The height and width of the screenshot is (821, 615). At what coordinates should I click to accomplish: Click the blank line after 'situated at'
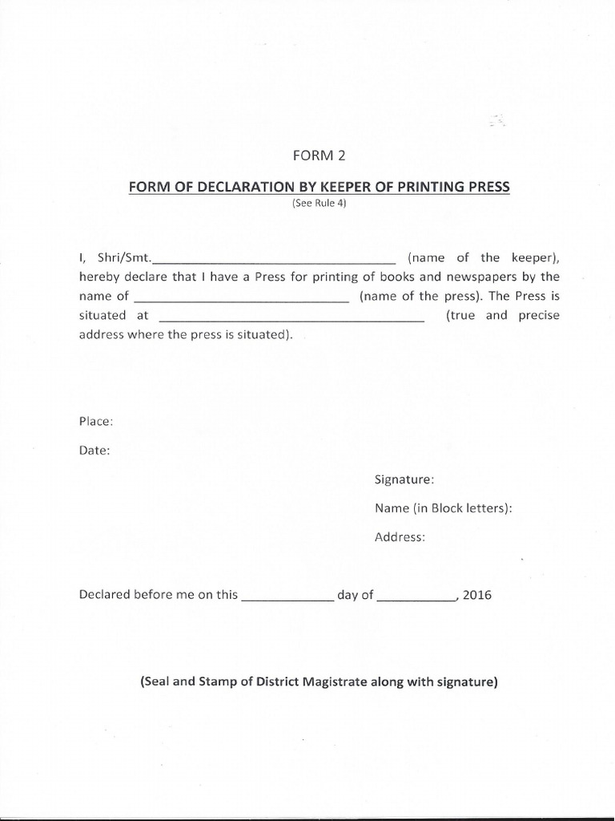click(x=291, y=318)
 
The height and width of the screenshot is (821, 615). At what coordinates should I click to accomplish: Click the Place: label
click(x=95, y=422)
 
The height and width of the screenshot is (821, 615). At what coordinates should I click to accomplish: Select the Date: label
click(x=94, y=451)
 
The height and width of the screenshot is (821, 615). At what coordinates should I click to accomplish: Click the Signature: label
click(x=404, y=479)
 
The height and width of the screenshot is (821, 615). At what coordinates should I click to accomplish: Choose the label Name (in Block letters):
click(x=444, y=508)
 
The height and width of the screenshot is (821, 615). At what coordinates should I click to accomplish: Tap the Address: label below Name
click(x=400, y=537)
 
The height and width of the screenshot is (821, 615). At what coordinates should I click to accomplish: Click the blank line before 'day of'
click(x=287, y=598)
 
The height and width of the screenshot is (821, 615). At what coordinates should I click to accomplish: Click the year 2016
click(x=477, y=595)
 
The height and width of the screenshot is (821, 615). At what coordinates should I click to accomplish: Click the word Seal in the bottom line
click(x=157, y=683)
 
